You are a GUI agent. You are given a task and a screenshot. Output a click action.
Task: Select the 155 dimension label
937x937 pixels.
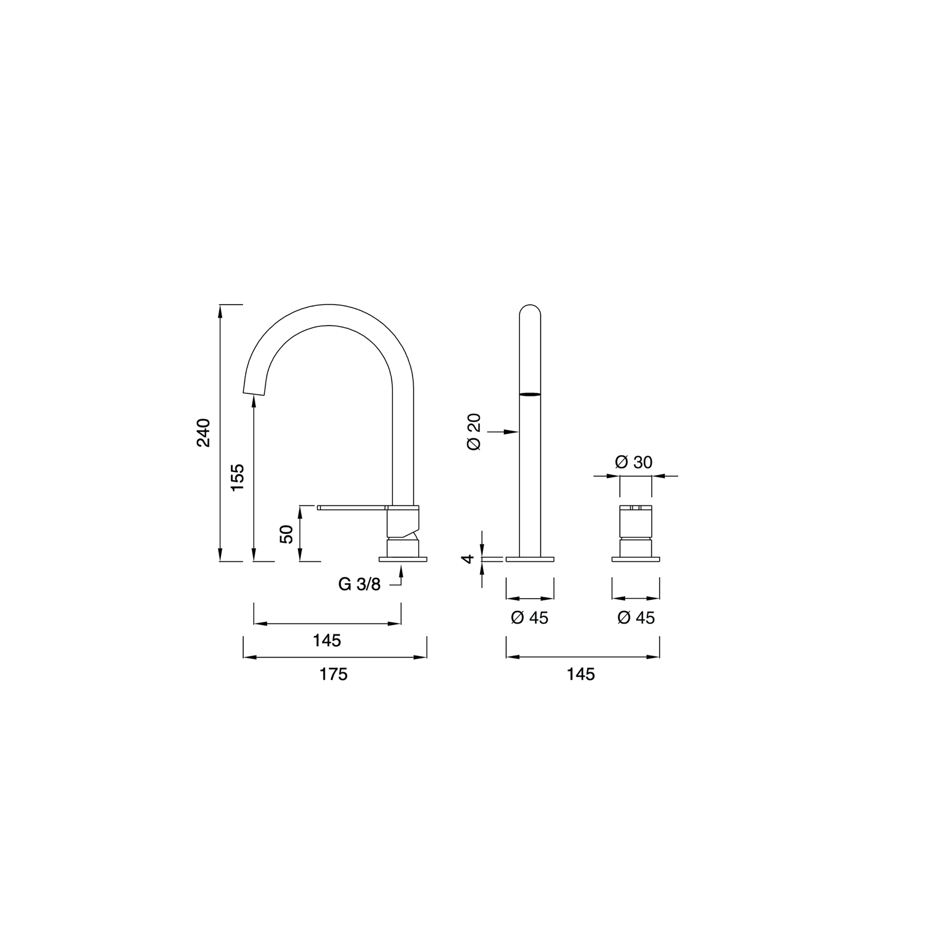tap(238, 477)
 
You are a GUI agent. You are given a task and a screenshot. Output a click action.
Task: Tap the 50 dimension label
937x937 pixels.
tap(286, 534)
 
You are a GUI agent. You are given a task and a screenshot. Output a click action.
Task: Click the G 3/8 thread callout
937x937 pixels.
tap(359, 584)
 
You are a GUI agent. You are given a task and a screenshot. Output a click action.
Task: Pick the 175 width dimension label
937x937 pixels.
tap(333, 674)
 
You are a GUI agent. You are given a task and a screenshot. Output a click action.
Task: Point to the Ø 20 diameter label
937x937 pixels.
tap(474, 433)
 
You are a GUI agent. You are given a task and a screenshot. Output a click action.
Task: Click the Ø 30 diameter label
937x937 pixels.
tap(633, 462)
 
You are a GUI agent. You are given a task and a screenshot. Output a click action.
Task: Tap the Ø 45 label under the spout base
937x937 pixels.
tap(529, 618)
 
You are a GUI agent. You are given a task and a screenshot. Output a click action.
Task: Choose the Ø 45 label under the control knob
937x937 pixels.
tap(636, 618)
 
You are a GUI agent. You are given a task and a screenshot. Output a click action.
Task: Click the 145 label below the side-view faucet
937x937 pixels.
tap(327, 641)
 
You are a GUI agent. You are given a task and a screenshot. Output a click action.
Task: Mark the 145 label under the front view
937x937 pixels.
tap(581, 674)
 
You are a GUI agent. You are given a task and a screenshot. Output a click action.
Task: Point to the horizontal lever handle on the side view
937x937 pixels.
tap(352, 508)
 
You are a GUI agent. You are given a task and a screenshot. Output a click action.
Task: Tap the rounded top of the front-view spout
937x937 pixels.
tap(530, 311)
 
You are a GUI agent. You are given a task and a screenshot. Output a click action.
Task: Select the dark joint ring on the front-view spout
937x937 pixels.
tap(530, 395)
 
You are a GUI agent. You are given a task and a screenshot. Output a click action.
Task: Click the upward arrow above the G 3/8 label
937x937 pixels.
tap(401, 570)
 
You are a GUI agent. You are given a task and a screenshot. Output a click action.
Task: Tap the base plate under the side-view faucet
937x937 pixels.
tap(403, 559)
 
